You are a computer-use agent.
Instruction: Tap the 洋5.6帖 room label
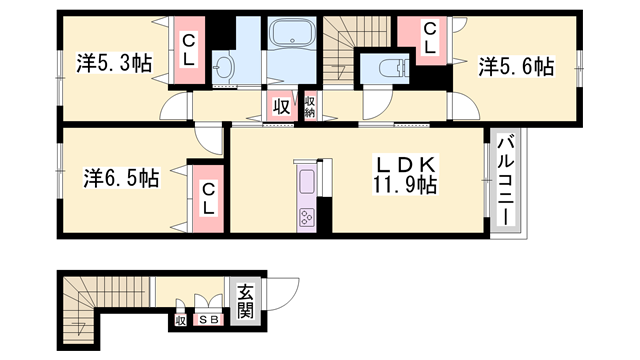(516, 66)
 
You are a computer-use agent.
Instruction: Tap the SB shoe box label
(208, 320)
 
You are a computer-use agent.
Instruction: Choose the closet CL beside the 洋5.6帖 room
(429, 39)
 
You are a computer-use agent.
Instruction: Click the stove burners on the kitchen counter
(305, 216)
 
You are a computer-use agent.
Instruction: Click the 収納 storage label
(309, 106)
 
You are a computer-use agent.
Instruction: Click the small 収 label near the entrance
(181, 320)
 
